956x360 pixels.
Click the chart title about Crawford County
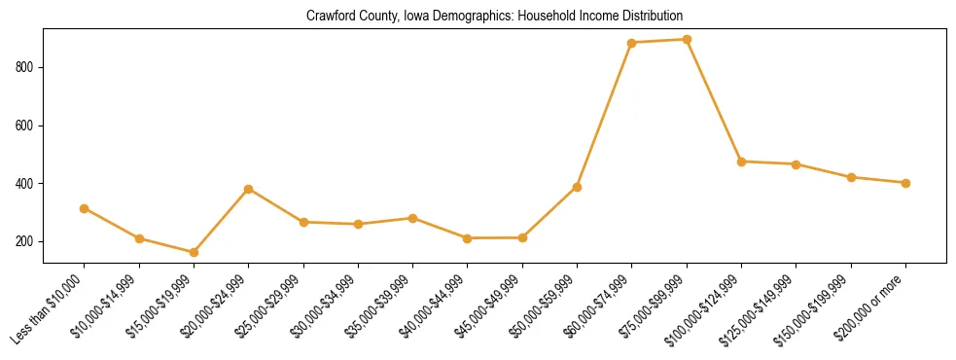pos(494,17)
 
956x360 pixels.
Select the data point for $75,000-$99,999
pos(687,40)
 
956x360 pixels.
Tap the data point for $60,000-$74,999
pos(632,43)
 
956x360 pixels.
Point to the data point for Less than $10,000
pos(85,208)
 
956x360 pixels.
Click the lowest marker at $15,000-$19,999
pos(194,252)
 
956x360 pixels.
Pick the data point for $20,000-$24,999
pos(249,189)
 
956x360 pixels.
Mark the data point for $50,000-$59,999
pos(577,187)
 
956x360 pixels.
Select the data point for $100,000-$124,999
pos(742,162)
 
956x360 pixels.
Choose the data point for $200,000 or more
pos(905,183)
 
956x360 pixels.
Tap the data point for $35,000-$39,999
pos(413,218)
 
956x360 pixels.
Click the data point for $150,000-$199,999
pos(851,177)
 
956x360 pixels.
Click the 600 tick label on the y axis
pos(27,126)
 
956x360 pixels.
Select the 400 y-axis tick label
pos(27,183)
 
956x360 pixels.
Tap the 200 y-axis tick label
pos(27,241)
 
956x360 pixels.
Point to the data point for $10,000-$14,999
pos(139,238)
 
